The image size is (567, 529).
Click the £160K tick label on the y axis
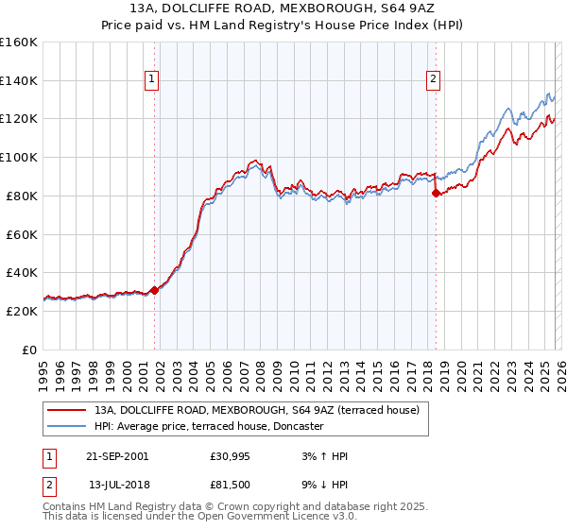[x=19, y=43]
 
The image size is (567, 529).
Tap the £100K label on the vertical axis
[x=19, y=158]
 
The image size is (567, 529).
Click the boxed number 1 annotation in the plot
[x=151, y=79]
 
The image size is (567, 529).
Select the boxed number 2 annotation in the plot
[x=433, y=79]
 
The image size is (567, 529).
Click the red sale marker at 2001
[x=155, y=290]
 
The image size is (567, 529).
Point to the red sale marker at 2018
[x=436, y=193]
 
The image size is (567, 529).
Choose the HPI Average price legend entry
[x=209, y=426]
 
